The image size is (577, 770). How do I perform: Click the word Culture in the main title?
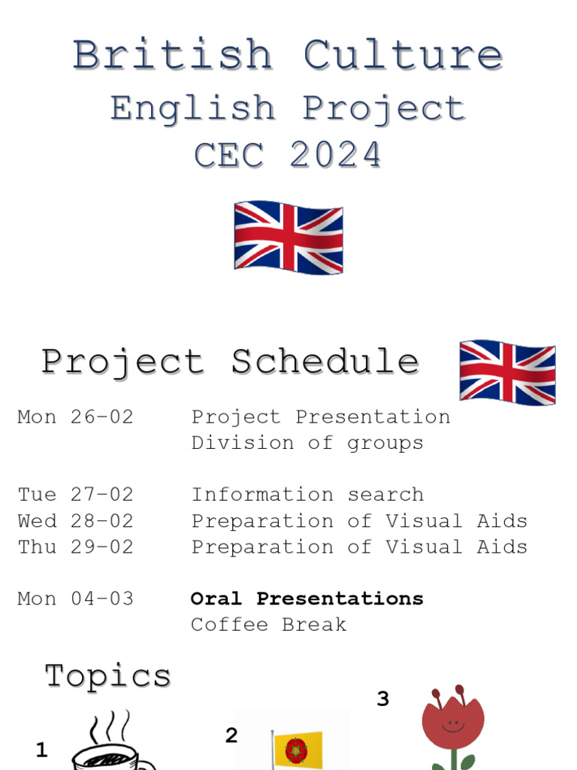(403, 56)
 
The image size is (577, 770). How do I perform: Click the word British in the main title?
(172, 56)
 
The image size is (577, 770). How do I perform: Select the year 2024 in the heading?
(336, 156)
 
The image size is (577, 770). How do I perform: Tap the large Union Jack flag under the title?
(288, 236)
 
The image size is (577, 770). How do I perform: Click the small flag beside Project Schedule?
(507, 372)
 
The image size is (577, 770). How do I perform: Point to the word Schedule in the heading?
(325, 362)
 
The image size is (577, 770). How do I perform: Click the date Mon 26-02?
(75, 417)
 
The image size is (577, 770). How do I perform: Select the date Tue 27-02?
(75, 495)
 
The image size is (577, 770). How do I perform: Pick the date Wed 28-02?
(75, 521)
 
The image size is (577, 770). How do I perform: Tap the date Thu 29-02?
(75, 547)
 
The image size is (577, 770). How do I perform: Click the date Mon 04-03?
(75, 599)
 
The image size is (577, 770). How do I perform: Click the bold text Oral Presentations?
(307, 599)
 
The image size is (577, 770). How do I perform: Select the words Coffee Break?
(268, 624)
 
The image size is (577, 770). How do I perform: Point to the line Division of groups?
(307, 443)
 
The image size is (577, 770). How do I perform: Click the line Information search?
(307, 495)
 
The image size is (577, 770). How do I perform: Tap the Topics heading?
(107, 675)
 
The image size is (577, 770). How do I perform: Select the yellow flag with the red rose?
(298, 750)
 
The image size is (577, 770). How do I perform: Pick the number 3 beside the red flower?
(383, 699)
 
